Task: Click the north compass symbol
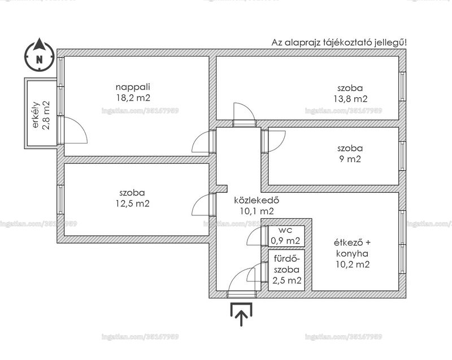tap(39, 55)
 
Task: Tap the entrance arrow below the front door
tap(241, 314)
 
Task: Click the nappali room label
tap(133, 87)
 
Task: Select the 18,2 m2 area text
tap(133, 98)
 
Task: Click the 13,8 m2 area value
tap(350, 99)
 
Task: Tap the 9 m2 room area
tap(350, 159)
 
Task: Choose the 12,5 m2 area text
tap(133, 203)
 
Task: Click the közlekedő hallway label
tap(257, 199)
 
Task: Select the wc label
tap(285, 230)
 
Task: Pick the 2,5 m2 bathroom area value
tap(287, 280)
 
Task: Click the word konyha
tap(352, 254)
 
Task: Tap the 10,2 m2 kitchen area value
tap(353, 264)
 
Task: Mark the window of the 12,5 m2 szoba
tap(60, 199)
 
